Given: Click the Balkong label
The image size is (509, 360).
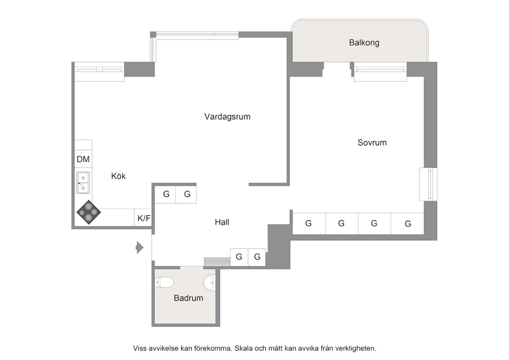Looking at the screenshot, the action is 364,43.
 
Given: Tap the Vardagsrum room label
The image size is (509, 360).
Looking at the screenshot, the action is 227,117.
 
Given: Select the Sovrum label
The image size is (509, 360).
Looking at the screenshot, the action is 372,142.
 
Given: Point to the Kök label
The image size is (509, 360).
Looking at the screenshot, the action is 118,176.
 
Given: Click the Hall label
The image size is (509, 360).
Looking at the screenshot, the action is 222,222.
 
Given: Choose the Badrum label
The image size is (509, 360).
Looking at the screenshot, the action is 188,298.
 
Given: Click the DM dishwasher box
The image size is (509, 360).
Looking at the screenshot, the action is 84,159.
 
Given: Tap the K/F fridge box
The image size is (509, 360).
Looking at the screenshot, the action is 143,218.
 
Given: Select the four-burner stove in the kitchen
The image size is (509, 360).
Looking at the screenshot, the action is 89,213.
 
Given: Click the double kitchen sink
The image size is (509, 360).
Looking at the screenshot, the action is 83,183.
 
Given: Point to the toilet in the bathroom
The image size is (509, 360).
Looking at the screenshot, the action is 164,282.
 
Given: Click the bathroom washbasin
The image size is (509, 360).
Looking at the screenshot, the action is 209,282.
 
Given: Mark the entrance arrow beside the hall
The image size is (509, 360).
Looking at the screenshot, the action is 140,248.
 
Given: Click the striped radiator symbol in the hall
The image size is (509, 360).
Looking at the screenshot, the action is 217,262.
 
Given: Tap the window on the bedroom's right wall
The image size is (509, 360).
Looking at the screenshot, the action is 428,184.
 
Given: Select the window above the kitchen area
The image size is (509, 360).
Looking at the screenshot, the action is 99,69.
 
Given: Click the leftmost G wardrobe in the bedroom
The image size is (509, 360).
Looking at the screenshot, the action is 309,223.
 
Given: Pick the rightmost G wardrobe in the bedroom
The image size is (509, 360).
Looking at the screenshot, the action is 407,223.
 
